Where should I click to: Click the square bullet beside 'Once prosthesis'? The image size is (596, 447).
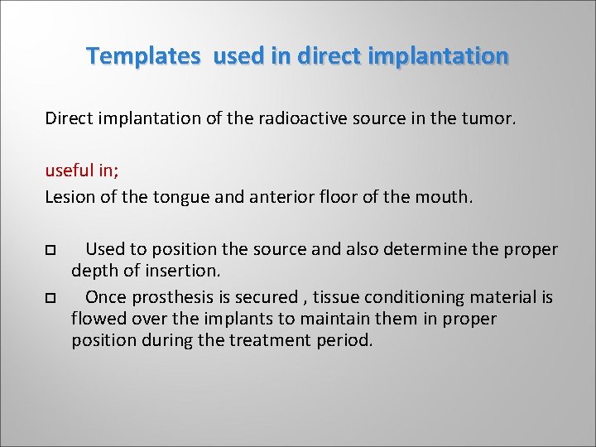50,297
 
